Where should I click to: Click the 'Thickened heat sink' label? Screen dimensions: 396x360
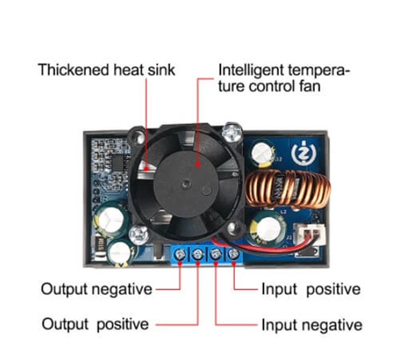point(106,70)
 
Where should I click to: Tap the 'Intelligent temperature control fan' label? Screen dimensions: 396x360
point(284,78)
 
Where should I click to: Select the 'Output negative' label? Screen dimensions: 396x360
point(97,289)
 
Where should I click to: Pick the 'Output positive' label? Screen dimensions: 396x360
point(95,324)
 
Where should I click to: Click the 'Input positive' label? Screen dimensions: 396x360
point(311,289)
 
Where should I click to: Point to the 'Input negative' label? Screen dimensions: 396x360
point(312,325)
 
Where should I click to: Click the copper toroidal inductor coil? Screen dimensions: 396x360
point(287,188)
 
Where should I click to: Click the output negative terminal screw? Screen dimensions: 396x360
point(181,254)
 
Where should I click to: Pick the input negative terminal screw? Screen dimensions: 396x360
point(216,254)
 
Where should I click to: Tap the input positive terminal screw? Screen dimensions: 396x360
point(233,254)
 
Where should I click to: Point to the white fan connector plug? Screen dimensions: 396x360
point(309,234)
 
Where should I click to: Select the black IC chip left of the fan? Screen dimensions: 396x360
point(118,163)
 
